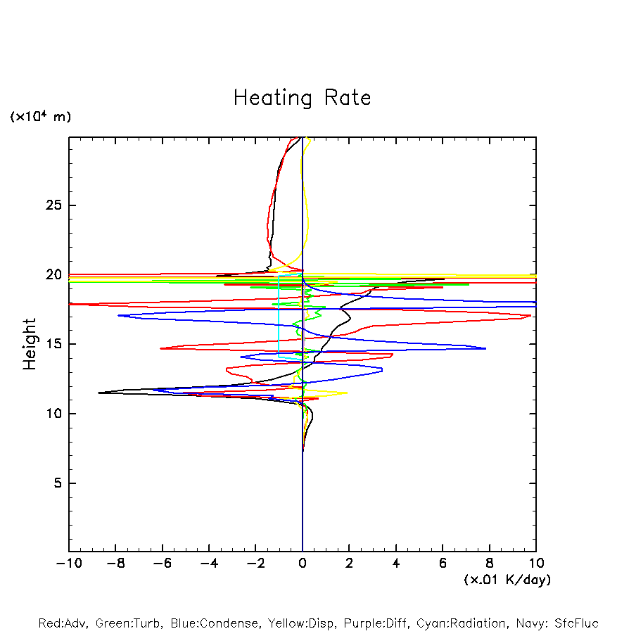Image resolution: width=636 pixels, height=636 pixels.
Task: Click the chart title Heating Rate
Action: (302, 98)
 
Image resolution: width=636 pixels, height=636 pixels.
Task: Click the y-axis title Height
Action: (30, 344)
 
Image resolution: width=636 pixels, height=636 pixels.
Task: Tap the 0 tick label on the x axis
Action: (303, 564)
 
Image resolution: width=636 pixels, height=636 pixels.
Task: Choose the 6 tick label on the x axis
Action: (443, 564)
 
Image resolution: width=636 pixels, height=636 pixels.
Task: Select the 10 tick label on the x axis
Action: (535, 564)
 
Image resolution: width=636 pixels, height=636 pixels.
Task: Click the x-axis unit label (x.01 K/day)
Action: (507, 580)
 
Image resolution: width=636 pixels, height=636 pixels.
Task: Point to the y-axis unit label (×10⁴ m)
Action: (40, 117)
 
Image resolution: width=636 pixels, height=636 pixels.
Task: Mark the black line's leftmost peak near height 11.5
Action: (99, 393)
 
